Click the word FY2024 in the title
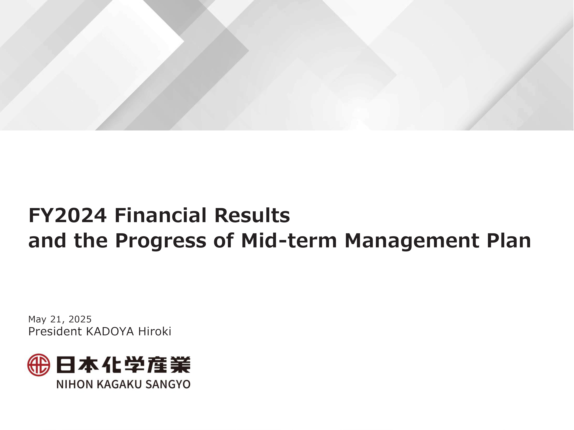67,215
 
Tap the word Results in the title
252,215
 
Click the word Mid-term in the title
289,240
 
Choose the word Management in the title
411,240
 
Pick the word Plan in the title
509,240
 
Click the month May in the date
37,319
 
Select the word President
55,332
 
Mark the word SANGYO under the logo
168,384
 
